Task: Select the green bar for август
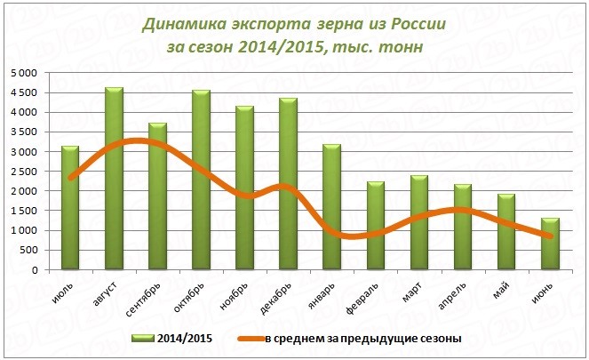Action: [114, 178]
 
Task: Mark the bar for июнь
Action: [550, 244]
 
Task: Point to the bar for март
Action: [418, 222]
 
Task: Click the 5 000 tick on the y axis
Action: [24, 73]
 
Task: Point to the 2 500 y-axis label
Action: [24, 172]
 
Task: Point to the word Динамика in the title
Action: [183, 22]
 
